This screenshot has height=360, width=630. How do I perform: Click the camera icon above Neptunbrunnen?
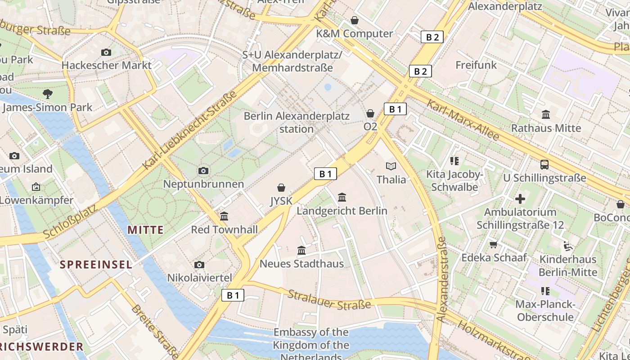pos(203,171)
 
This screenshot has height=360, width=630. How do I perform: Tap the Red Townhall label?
pos(224,229)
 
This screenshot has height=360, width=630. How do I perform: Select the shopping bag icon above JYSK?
pos(281,187)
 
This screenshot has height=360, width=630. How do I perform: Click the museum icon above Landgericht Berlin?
pos(342,197)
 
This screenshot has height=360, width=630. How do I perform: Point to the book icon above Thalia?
pos(391,166)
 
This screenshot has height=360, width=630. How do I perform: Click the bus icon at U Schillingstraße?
pos(544,164)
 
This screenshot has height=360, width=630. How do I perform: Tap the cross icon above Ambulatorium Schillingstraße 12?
pos(520,198)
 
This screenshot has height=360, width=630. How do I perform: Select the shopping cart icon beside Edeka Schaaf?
pos(494,244)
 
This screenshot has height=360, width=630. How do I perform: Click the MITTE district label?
pos(145,230)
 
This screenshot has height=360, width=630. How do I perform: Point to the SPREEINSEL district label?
pos(96,264)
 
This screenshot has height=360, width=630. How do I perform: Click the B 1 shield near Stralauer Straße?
pos(233,295)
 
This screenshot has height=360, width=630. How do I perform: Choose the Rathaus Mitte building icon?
pos(546,114)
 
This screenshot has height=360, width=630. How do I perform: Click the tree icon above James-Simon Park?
pos(47,94)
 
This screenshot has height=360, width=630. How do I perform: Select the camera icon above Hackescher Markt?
pos(106,52)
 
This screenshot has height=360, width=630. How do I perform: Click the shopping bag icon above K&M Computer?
pos(355,20)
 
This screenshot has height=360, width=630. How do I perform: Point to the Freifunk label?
pos(476,65)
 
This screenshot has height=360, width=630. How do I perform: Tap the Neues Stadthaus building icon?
pos(301,250)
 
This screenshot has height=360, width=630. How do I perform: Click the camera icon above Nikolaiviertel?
pos(199,265)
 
